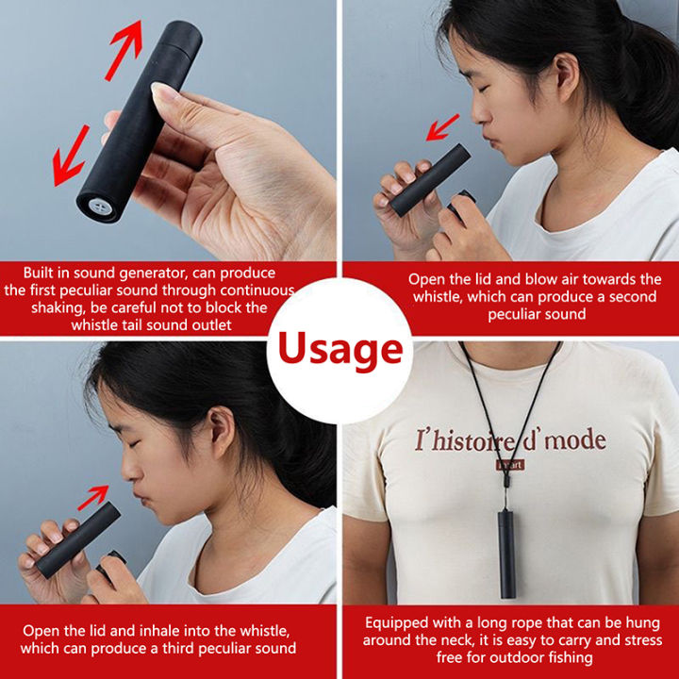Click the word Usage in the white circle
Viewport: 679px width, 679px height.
(x=340, y=350)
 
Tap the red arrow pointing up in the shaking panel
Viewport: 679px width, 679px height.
(x=124, y=50)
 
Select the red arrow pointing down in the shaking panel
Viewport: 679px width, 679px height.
(x=70, y=156)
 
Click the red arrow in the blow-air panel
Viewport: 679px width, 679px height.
(x=442, y=127)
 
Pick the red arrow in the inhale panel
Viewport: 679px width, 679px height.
(x=93, y=497)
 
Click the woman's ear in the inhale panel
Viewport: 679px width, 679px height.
(x=221, y=429)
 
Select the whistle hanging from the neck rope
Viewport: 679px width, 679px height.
(x=506, y=554)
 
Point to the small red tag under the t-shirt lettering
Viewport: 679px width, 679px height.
(x=510, y=465)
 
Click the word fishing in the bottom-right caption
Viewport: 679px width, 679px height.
(x=571, y=657)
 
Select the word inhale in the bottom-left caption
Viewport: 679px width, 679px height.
(x=160, y=631)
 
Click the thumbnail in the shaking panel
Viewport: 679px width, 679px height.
(x=163, y=93)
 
